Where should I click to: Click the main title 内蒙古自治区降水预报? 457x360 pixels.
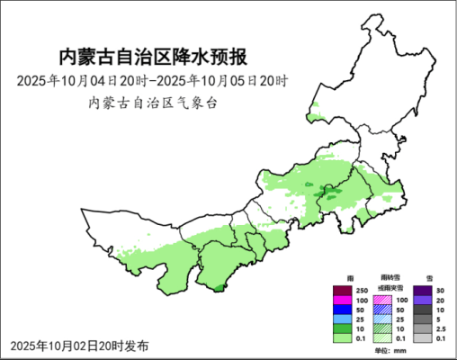(152, 58)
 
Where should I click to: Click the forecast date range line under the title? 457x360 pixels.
(152, 81)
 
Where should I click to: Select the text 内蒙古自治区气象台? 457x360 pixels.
(152, 103)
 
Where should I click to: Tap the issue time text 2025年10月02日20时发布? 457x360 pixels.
(79, 346)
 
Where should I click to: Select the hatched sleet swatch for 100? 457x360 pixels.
(382, 300)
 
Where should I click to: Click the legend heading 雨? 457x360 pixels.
(350, 278)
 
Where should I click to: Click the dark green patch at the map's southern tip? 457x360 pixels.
(218, 287)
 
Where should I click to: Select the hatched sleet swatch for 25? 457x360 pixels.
(382, 319)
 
